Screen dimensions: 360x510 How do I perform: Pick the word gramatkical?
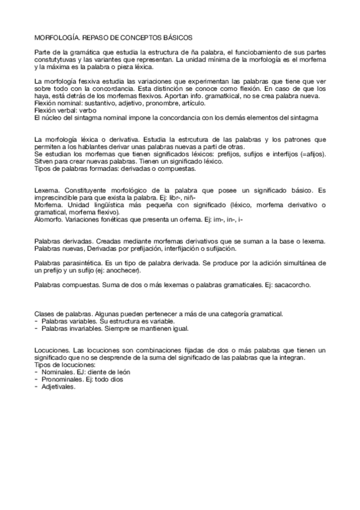pos(222,97)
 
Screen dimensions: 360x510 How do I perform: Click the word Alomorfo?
pos(48,219)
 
